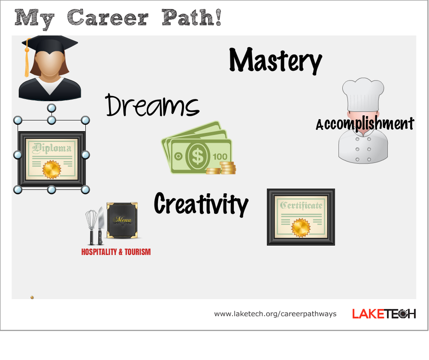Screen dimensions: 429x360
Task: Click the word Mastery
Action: [x=275, y=60]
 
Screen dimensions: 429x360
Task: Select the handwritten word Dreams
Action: [x=152, y=105]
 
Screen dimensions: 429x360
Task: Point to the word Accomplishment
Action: [x=365, y=123]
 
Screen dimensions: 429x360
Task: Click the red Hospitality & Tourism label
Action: [x=116, y=252]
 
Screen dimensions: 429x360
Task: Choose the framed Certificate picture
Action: [x=301, y=217]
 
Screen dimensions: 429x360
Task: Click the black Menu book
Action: [x=122, y=220]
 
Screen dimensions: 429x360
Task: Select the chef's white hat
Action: [x=363, y=94]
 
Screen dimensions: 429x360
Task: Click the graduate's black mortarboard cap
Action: [x=50, y=44]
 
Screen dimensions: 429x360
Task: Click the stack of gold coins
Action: [x=221, y=168]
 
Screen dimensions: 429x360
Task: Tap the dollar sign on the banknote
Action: [x=197, y=156]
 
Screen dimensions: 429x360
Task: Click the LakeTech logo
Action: [x=384, y=314]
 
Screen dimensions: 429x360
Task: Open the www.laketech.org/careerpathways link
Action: [x=275, y=314]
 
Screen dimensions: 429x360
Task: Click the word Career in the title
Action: [x=108, y=18]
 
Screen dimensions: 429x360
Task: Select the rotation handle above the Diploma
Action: [x=51, y=108]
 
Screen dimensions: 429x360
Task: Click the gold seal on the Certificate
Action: [x=301, y=228]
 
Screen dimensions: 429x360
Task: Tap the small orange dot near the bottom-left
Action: [x=32, y=297]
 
